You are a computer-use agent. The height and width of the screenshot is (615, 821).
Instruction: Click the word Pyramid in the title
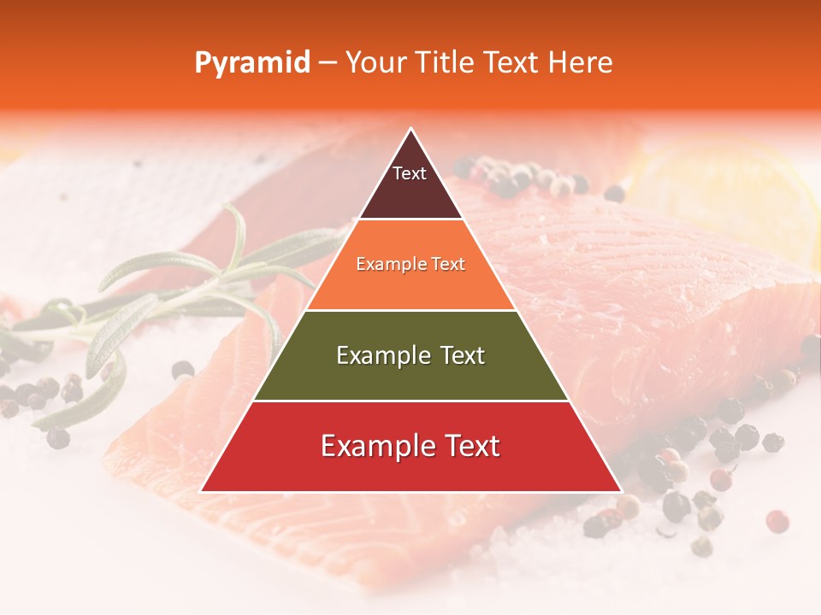[x=251, y=63]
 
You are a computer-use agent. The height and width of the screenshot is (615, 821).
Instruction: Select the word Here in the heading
[x=581, y=62]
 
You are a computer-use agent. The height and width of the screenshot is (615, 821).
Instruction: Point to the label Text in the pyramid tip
[x=410, y=173]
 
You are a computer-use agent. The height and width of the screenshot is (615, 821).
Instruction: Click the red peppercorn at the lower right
[x=777, y=520]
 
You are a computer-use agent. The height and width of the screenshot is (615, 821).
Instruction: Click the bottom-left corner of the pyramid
[x=201, y=491]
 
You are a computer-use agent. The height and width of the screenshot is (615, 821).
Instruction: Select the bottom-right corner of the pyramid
[x=621, y=491]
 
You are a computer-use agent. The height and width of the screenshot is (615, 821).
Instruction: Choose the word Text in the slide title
[x=511, y=62]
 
